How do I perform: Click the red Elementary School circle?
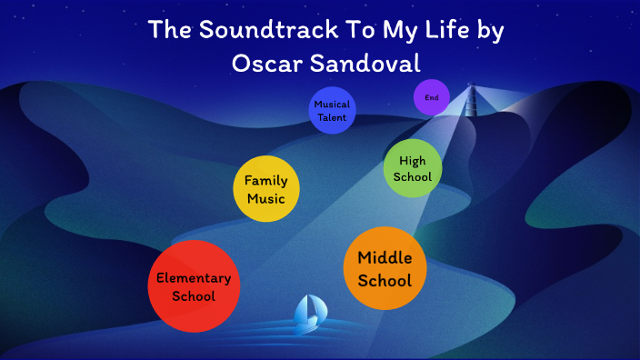coord(194,286)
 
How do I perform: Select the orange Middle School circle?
coord(385,268)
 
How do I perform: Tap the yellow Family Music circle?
coord(265,189)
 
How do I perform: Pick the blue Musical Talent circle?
coord(331,111)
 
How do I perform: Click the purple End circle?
coord(431,97)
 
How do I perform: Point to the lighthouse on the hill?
coord(471,99)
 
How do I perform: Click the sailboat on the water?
coord(309,315)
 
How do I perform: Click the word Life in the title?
coord(435,29)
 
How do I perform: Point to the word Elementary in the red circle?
coord(194,278)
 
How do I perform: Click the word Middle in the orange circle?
coord(385,258)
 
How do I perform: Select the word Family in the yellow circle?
coord(265,180)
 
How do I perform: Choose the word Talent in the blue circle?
coord(331,117)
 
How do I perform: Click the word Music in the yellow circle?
coord(265,198)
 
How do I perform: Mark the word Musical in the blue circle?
coord(331,105)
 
